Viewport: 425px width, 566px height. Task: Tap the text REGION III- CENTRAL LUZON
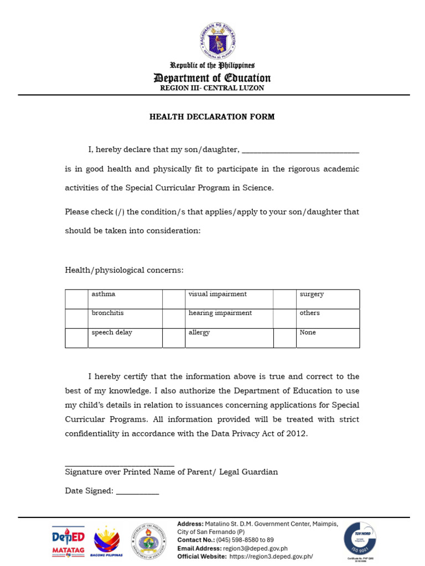coord(212,88)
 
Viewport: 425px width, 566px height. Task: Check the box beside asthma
coord(76,299)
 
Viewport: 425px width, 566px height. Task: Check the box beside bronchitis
coord(76,318)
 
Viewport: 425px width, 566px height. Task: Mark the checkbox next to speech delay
coord(76,338)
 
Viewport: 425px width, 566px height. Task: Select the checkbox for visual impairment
coord(174,299)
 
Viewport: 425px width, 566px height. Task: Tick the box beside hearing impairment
coord(174,318)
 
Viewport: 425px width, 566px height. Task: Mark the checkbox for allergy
coord(174,338)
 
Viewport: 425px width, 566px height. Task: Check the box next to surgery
coord(284,299)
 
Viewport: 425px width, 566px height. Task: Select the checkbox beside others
coord(284,318)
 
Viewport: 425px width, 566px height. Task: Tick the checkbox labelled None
coord(284,338)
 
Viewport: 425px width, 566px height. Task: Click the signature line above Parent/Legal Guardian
coord(120,465)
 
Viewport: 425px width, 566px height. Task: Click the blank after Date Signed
coord(137,491)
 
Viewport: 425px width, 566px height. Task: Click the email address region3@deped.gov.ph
coord(255,548)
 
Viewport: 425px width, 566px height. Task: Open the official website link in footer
coord(271,557)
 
